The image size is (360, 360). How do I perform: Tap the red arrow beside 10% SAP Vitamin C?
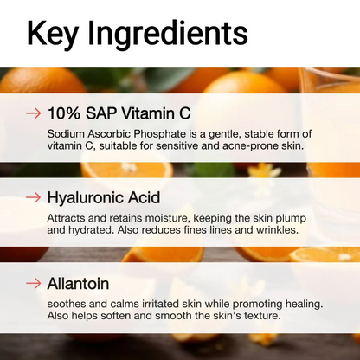point(34,113)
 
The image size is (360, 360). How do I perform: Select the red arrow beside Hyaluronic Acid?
point(34,198)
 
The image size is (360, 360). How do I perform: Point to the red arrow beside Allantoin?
point(34,283)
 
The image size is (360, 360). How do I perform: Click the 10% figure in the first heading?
point(65,113)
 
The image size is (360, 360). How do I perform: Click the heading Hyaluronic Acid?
point(103,198)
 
